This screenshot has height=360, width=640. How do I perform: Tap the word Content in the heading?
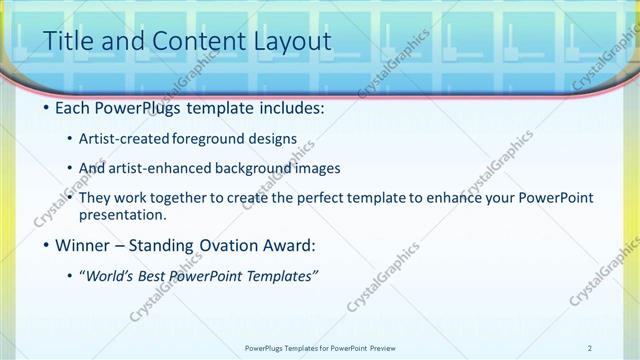tap(191, 41)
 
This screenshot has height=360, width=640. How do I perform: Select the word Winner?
tap(85, 245)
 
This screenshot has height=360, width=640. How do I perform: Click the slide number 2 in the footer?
tap(590, 348)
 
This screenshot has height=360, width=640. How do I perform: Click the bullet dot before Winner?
tap(46, 245)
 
